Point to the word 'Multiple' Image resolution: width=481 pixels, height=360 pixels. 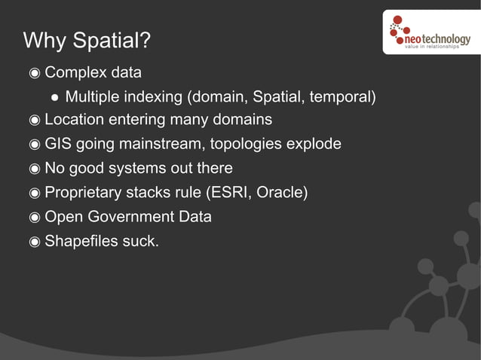coord(93,96)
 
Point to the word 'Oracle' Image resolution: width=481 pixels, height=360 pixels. coord(281,192)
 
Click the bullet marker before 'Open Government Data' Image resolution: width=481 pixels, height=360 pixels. coord(34,217)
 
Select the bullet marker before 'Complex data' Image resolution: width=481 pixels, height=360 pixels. coord(34,74)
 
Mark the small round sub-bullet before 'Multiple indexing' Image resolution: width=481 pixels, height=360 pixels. coord(55,97)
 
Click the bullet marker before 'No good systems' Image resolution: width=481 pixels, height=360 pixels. coord(34,169)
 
